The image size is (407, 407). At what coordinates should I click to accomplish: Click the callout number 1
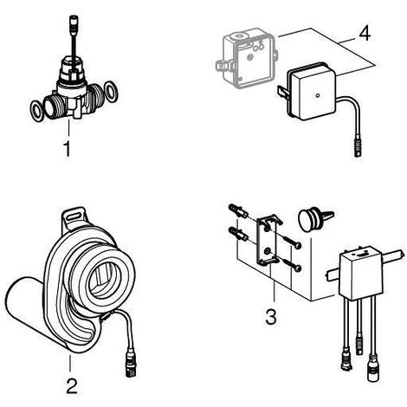click(x=67, y=149)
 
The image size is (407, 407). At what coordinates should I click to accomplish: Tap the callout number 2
click(x=72, y=386)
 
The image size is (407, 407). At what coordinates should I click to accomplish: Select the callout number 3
click(x=271, y=317)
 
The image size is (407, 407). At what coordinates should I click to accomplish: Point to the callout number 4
click(x=365, y=34)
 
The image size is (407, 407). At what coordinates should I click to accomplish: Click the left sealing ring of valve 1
click(x=37, y=110)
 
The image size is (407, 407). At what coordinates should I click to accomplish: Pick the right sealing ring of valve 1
click(x=111, y=92)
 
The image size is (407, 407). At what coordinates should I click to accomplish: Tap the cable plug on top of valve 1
click(x=74, y=22)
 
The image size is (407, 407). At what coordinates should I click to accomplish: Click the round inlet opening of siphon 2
click(x=103, y=278)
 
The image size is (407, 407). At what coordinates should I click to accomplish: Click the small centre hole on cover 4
click(x=318, y=95)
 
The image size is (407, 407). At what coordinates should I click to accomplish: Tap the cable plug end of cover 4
click(x=358, y=149)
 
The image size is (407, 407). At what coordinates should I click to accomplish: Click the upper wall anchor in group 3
click(x=238, y=211)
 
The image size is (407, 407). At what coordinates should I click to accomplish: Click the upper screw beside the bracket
click(x=292, y=242)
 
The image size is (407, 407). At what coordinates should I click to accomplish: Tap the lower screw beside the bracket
click(x=292, y=264)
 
